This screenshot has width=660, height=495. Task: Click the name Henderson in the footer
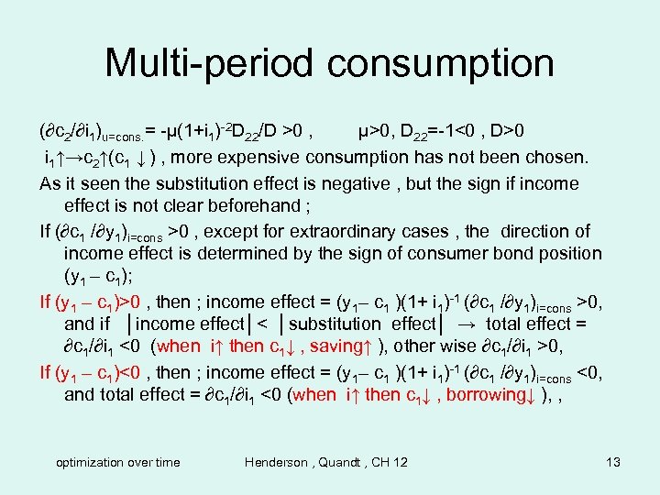coord(283,462)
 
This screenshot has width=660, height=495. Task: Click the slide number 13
coord(613,462)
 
